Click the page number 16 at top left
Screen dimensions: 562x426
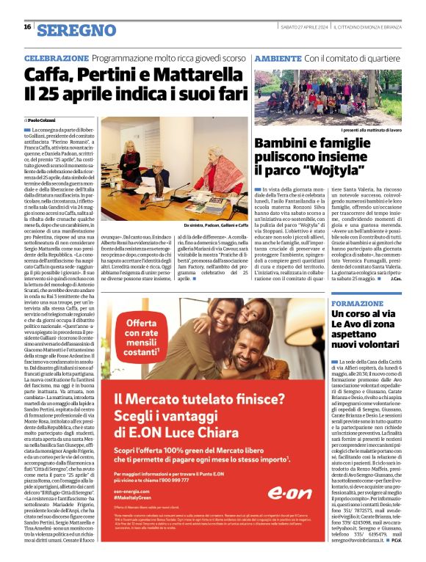tap(27, 27)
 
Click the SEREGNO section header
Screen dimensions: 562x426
tap(76, 30)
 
